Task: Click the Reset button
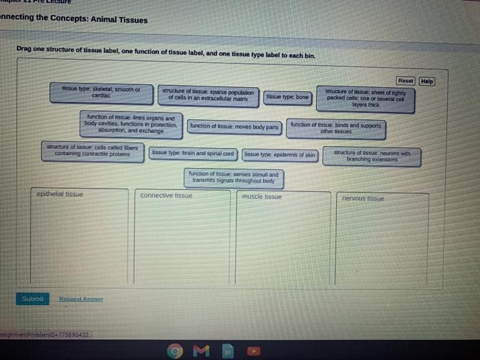coord(405,81)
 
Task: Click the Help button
coord(427,81)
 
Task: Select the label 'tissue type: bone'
coord(288,97)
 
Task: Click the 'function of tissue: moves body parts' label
coord(235,127)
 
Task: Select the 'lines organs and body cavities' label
coord(131,123)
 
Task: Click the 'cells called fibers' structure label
coord(92,150)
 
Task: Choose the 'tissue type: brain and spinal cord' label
coord(193,154)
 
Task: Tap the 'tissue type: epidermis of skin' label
coord(280,154)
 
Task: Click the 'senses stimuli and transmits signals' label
coord(233,178)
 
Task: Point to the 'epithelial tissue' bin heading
coord(60,194)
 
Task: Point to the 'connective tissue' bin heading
coord(166,195)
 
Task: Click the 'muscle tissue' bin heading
coord(262,197)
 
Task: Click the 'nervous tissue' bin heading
coord(363,198)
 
